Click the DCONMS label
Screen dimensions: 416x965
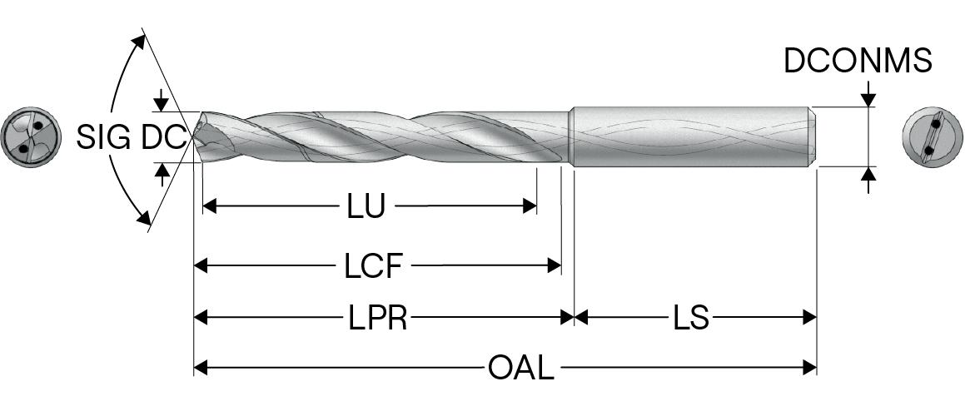coord(858,61)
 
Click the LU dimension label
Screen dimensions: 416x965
coord(366,206)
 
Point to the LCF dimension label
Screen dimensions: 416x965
coord(374,266)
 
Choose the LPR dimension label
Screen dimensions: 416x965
coord(378,317)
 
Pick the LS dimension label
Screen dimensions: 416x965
coord(691,317)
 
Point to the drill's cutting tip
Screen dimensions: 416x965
coord(196,138)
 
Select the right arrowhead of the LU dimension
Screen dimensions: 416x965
coord(530,206)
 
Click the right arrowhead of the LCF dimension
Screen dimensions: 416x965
coord(555,266)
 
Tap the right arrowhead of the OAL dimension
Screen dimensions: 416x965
coord(809,367)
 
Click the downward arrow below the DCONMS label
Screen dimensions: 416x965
coord(868,99)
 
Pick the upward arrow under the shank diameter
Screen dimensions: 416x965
coord(868,175)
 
